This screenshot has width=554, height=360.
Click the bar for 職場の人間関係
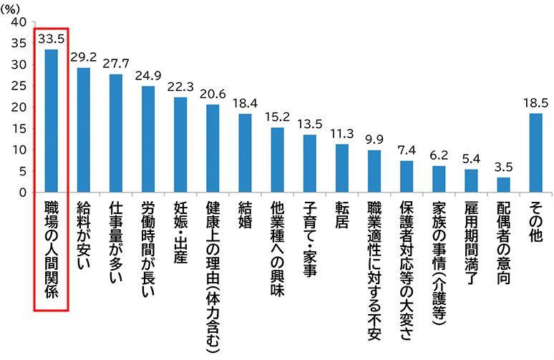[x=51, y=121]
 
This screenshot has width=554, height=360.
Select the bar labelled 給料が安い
[x=84, y=130]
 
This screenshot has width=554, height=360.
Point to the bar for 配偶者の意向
[x=503, y=185]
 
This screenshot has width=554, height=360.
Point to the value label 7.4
[x=407, y=151]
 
